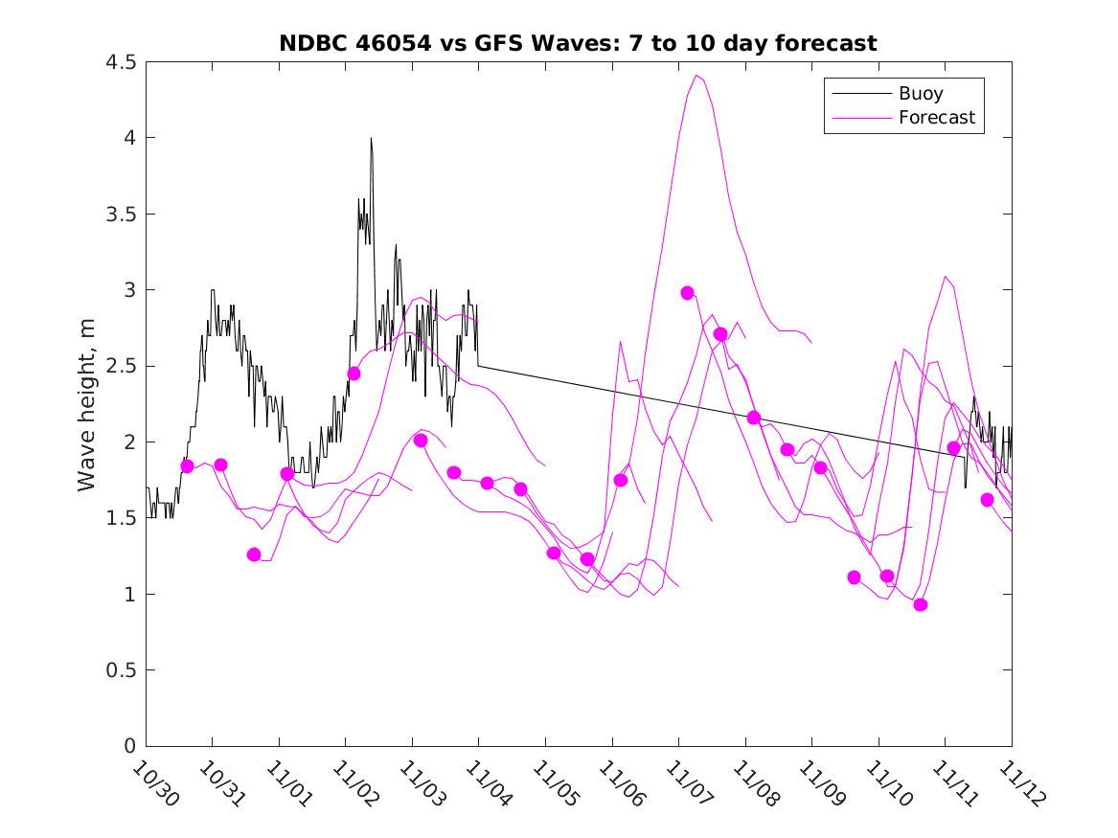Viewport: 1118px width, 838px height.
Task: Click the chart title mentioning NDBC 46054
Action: click(x=578, y=43)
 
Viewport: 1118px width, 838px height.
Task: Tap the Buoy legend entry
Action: click(x=921, y=94)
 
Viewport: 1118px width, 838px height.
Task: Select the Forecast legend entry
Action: click(x=936, y=118)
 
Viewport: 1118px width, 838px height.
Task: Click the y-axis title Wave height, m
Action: click(x=87, y=404)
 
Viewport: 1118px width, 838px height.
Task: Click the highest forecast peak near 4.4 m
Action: click(x=696, y=76)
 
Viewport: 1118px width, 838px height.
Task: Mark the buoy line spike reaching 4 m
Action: click(x=371, y=139)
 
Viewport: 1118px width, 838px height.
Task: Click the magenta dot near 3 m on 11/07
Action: click(x=687, y=293)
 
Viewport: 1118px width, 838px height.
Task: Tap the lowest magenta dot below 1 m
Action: click(x=921, y=604)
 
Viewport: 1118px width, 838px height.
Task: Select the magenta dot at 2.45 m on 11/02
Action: click(x=354, y=374)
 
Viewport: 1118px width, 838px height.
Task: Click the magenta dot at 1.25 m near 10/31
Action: click(x=254, y=555)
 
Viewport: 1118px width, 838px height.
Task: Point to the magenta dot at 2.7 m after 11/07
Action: click(x=720, y=334)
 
